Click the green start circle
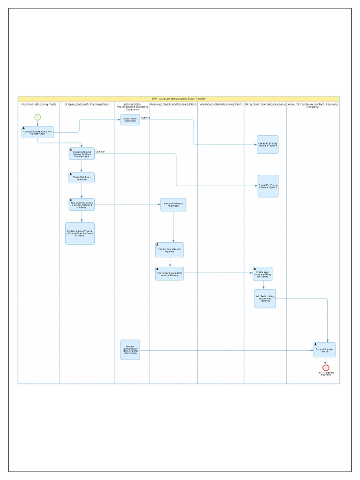(x=37, y=117)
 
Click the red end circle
(x=326, y=367)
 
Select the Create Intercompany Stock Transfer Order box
(x=37, y=132)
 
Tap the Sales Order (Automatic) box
(x=130, y=120)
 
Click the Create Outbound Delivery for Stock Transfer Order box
(x=82, y=154)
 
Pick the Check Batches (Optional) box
(x=82, y=178)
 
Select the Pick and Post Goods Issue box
(x=82, y=204)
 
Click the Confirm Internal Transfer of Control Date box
(x=80, y=233)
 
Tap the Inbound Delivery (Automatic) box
(x=173, y=204)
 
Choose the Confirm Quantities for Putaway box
(x=170, y=250)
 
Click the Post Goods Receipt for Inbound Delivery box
(x=170, y=274)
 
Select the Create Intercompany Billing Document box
(x=262, y=274)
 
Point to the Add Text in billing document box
(x=265, y=299)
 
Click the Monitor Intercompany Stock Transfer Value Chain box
(x=130, y=350)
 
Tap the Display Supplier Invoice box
(x=325, y=350)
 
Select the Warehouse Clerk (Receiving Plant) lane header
(x=220, y=104)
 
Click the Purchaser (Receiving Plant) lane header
(x=38, y=104)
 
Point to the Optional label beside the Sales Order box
(x=145, y=118)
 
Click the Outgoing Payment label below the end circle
(x=326, y=374)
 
